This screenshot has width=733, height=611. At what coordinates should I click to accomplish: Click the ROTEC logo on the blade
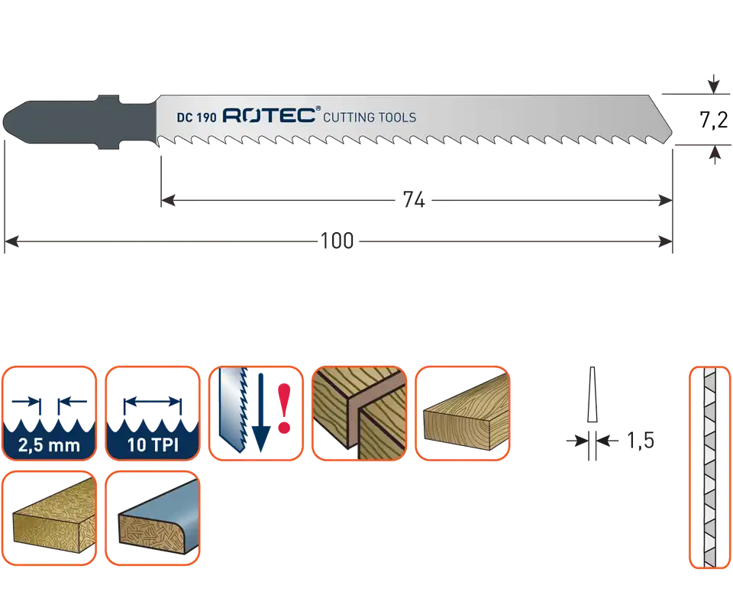click(x=271, y=115)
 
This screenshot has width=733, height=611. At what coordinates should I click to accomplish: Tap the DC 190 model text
click(x=196, y=118)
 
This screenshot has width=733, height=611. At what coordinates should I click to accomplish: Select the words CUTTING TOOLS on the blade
click(x=370, y=117)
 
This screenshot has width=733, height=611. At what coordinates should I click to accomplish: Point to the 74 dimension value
click(x=414, y=200)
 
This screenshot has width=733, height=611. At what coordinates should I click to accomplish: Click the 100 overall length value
click(x=337, y=241)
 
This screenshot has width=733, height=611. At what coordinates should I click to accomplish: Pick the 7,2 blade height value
click(x=713, y=120)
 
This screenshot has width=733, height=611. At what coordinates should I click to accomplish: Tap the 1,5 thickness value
click(x=640, y=441)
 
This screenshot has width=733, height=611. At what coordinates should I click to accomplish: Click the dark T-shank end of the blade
click(x=79, y=122)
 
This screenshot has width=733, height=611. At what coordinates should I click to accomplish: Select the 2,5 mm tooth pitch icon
click(x=49, y=413)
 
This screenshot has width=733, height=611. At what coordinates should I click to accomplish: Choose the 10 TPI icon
click(x=153, y=413)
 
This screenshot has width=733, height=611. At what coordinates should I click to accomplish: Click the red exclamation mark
click(x=284, y=408)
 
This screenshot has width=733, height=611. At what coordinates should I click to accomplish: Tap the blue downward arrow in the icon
click(x=261, y=412)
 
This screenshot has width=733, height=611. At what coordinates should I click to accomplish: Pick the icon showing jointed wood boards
click(x=359, y=413)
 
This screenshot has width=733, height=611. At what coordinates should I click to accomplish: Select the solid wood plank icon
click(x=463, y=413)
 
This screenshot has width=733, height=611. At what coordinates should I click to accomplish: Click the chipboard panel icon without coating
click(x=49, y=518)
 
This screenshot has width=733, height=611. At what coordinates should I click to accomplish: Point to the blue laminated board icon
click(x=153, y=518)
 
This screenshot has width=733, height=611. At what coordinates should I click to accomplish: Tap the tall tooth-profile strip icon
click(x=709, y=467)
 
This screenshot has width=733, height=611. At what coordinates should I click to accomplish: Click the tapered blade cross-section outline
click(x=593, y=395)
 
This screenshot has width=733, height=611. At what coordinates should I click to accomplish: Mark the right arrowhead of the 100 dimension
click(x=665, y=241)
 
